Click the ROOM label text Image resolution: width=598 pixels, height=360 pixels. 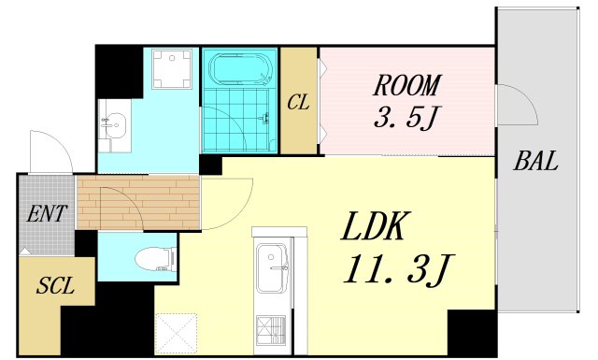pos(406,85)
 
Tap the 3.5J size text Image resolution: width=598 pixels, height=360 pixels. pos(406,117)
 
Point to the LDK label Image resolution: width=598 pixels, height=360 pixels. pos(373,226)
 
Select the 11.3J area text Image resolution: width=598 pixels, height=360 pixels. pos(396,269)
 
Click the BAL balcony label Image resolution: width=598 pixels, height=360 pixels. pos(535,161)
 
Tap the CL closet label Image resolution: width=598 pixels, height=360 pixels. pos(298,102)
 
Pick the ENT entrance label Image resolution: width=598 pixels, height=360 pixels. pos(47,213)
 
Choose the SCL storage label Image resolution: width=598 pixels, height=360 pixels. pos(55,285)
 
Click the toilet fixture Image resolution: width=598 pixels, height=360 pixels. pos(156,259)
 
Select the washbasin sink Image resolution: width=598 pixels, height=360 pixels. pos(115,125)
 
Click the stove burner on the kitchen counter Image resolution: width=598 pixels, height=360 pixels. pos(271,330)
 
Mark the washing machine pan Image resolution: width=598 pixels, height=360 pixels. pos(172,69)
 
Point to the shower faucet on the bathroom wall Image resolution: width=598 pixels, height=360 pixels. pos(265,118)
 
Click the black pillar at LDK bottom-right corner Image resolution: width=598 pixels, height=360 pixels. pos(472,333)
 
